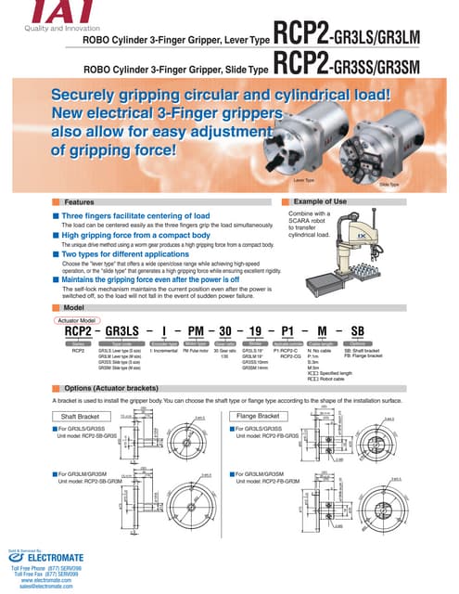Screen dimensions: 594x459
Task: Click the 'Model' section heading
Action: (x=73, y=307)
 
